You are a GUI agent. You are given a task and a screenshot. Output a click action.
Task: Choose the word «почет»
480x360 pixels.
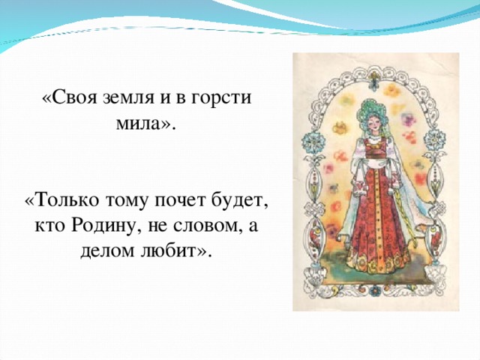coord(178,202)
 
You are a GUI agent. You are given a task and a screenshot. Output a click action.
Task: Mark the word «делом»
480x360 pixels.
coord(111,250)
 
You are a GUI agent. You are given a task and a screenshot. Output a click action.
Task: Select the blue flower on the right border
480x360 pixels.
coord(437,139)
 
